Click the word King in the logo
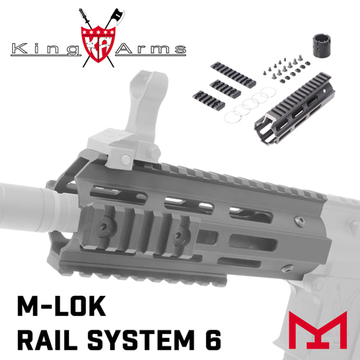click(x=45, y=50)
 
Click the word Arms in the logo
click(x=150, y=49)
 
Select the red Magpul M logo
click(x=318, y=330)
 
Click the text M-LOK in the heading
click(x=61, y=306)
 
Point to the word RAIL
click(x=48, y=340)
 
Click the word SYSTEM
click(x=141, y=340)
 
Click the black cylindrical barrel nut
click(x=322, y=45)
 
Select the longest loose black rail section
click(x=233, y=74)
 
